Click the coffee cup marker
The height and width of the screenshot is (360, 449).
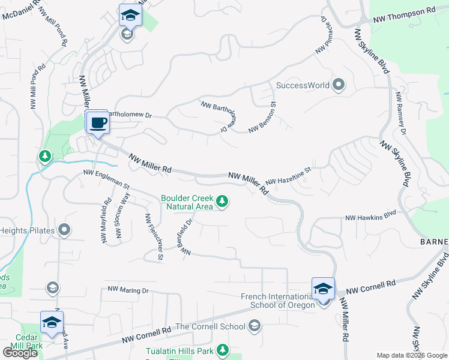tap(98, 123)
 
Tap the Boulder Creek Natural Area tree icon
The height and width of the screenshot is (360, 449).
tap(222, 201)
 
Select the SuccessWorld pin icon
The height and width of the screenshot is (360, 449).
tap(339, 85)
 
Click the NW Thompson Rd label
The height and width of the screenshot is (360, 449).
tap(403, 11)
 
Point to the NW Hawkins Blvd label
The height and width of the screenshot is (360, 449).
tap(371, 214)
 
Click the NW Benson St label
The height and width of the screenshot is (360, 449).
tap(267, 116)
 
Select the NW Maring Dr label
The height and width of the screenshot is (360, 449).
tap(128, 290)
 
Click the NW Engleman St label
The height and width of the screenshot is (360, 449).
tap(106, 179)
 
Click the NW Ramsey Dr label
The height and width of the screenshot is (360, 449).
tap(401, 113)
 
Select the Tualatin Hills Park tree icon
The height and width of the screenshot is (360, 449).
tap(223, 349)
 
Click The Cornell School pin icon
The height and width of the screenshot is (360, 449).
tap(254, 326)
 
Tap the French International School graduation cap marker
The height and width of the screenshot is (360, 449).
tap(323, 289)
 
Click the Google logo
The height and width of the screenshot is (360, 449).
tap(20, 353)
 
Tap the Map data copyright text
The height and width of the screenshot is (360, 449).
tap(411, 355)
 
